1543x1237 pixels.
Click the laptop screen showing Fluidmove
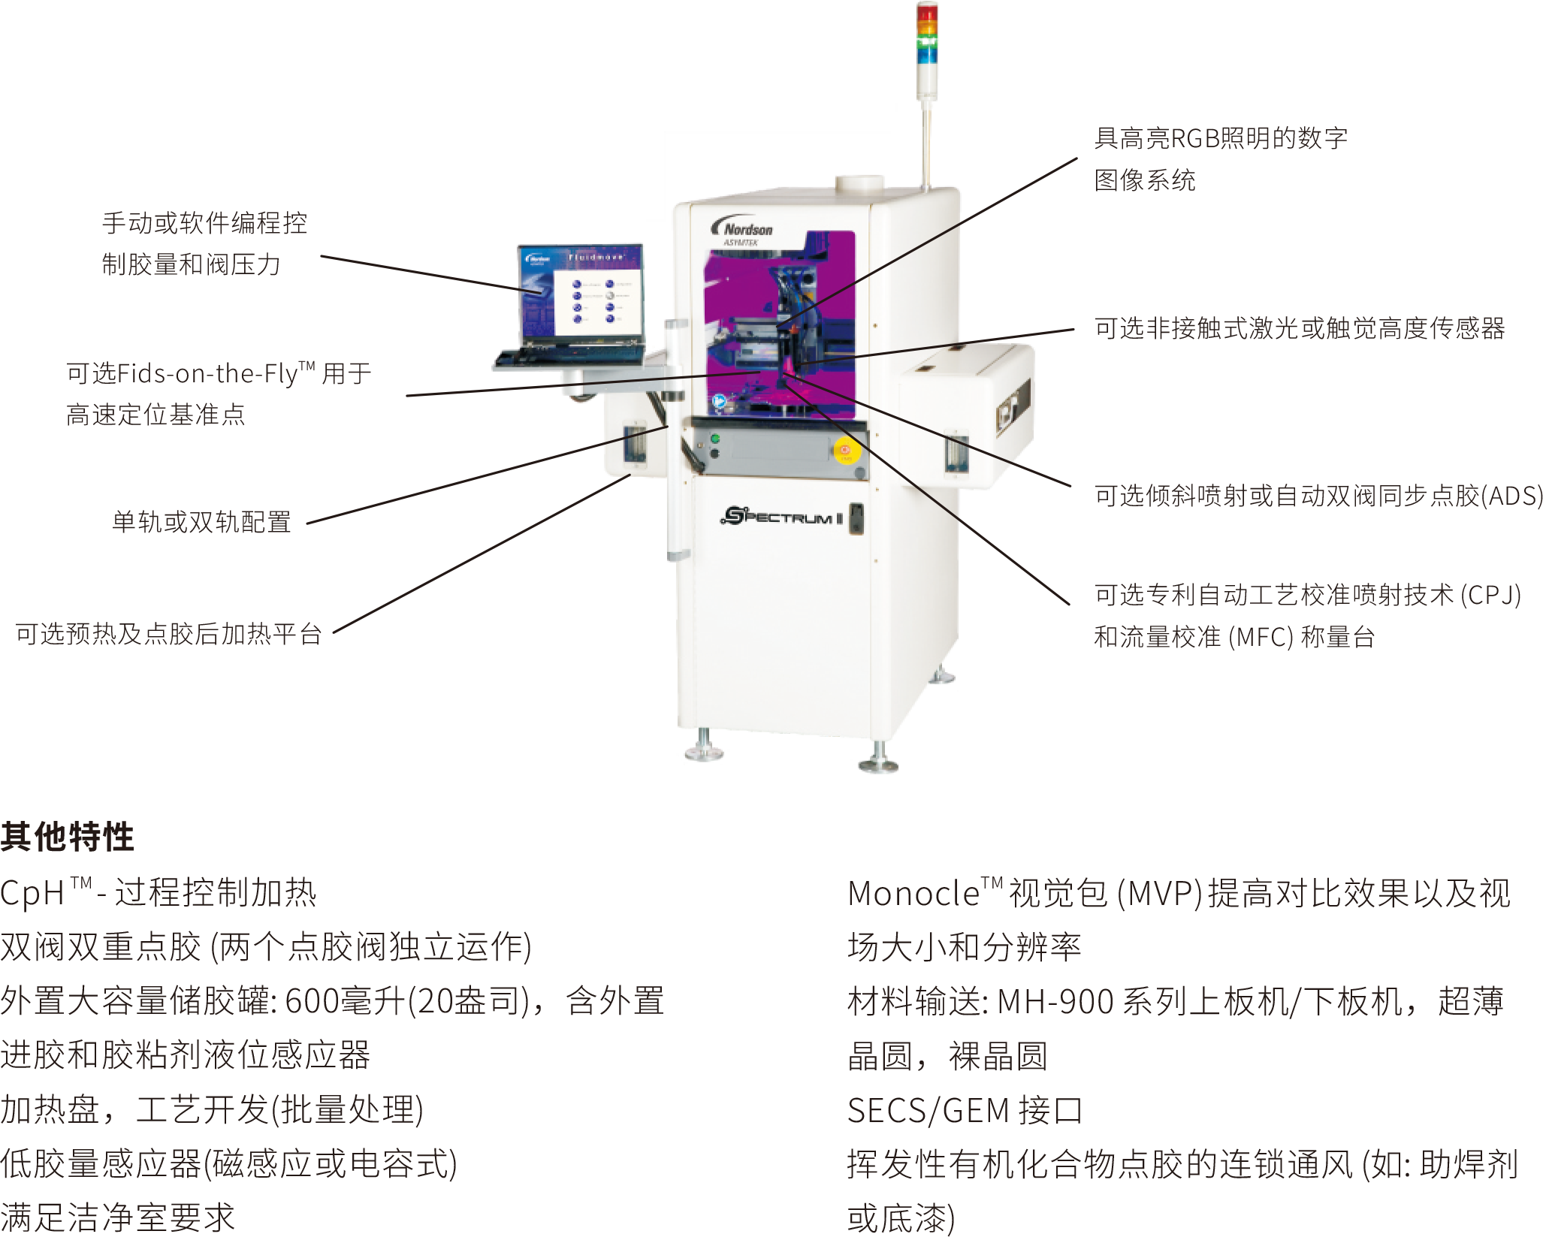[x=581, y=293]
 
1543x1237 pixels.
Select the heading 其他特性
[x=67, y=837]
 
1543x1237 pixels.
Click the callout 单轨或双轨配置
[x=201, y=520]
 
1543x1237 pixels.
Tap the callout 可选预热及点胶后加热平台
[x=169, y=635]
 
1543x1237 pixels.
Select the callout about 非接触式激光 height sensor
[x=1300, y=329]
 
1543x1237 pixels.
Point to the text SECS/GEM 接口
[x=965, y=1110]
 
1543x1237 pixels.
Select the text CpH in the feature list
[x=33, y=894]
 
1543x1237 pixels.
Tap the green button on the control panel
[x=715, y=439]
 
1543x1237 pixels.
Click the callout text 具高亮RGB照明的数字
[x=1220, y=139]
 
